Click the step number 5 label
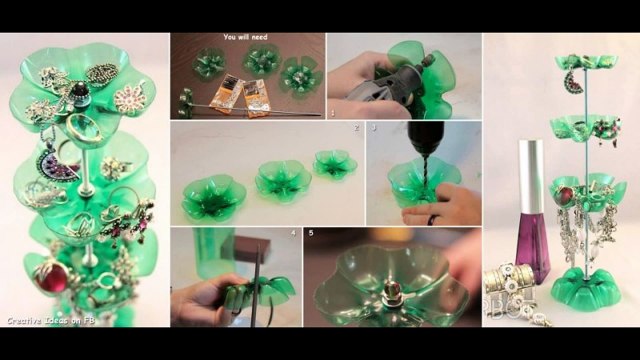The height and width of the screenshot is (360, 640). (x=311, y=233)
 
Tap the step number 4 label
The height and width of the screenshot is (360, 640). (x=293, y=233)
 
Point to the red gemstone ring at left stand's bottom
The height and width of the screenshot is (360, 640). (x=53, y=272)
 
